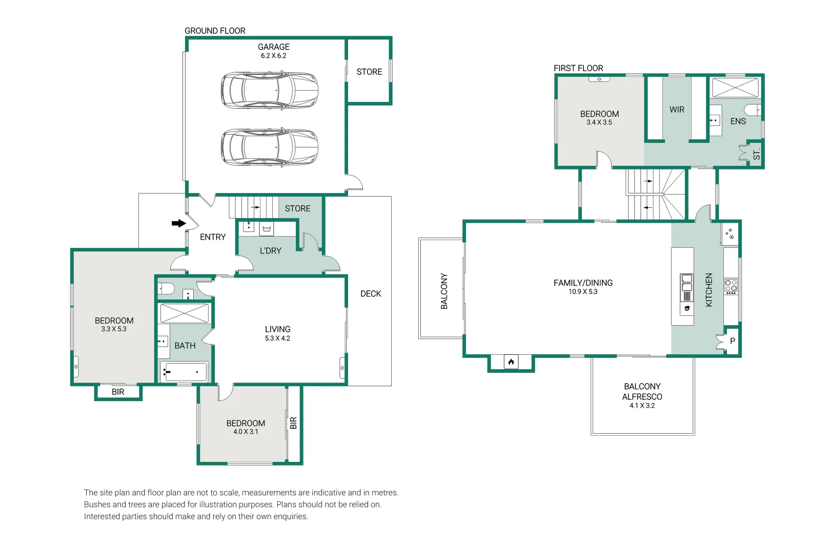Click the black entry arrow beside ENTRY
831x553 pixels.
pyautogui.click(x=178, y=223)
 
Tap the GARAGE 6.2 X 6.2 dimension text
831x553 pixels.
pyautogui.click(x=273, y=56)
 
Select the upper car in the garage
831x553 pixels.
pyautogui.click(x=269, y=91)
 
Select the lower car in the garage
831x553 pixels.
pyautogui.click(x=269, y=147)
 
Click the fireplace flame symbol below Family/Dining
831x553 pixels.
pyautogui.click(x=511, y=361)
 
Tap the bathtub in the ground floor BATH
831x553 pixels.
pyautogui.click(x=184, y=371)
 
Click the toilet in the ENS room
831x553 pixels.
pyautogui.click(x=753, y=110)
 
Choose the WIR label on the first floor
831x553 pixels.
pyautogui.click(x=677, y=110)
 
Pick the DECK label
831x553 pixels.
pyautogui.click(x=371, y=293)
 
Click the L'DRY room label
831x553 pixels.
pyautogui.click(x=271, y=250)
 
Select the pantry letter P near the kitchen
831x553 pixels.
pyautogui.click(x=733, y=341)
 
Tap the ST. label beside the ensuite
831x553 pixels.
pyautogui.click(x=757, y=154)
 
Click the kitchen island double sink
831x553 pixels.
pyautogui.click(x=686, y=283)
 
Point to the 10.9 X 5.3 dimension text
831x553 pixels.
pyautogui.click(x=583, y=292)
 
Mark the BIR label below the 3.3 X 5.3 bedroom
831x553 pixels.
pyautogui.click(x=118, y=392)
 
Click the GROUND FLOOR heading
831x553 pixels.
pyautogui.click(x=215, y=31)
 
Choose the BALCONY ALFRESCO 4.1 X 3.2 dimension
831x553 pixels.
pyautogui.click(x=642, y=406)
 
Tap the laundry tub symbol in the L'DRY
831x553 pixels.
pyautogui.click(x=267, y=229)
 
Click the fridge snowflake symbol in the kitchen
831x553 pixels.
pyautogui.click(x=729, y=234)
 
